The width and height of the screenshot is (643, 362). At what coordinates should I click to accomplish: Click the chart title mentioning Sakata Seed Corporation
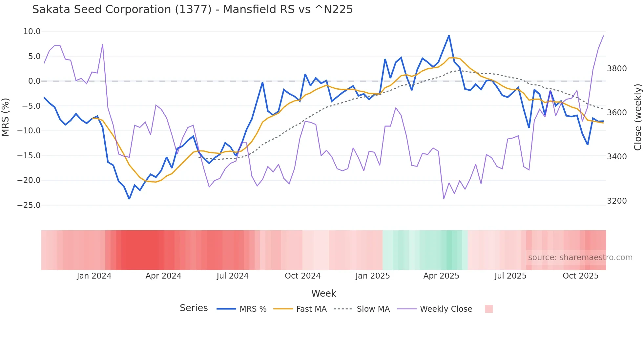(x=192, y=10)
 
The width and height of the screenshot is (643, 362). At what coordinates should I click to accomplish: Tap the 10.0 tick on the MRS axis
(x=32, y=32)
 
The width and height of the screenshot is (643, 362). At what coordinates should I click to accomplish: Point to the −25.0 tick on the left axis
(x=29, y=205)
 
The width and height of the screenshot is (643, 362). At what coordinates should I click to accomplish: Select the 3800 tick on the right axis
(x=617, y=69)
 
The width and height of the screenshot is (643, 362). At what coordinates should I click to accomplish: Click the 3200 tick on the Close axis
(x=617, y=201)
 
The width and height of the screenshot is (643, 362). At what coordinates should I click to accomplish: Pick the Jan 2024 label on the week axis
(x=94, y=276)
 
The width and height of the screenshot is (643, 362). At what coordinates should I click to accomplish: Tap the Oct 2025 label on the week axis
(x=580, y=276)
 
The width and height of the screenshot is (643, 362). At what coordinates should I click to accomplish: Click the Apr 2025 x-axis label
(x=441, y=276)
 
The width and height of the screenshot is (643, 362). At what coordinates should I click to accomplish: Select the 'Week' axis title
(x=323, y=293)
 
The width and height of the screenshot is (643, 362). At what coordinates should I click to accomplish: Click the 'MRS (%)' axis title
(x=6, y=117)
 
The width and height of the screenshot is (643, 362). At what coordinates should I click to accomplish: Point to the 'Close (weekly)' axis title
(x=637, y=117)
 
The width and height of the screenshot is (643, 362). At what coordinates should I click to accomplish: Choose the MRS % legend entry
(x=242, y=309)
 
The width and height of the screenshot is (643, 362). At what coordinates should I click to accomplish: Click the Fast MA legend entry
(x=300, y=309)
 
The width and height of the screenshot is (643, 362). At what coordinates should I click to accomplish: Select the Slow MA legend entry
(x=362, y=309)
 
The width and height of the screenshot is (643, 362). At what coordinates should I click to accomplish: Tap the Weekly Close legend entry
(x=435, y=309)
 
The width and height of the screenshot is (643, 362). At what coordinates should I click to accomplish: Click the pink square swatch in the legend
(x=488, y=309)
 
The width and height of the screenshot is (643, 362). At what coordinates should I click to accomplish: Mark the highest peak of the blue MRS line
(x=449, y=35)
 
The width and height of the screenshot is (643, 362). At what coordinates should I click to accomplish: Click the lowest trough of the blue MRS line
(x=129, y=198)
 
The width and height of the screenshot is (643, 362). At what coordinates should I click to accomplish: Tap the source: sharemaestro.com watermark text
(x=580, y=258)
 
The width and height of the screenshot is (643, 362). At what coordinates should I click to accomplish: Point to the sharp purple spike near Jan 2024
(x=103, y=45)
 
